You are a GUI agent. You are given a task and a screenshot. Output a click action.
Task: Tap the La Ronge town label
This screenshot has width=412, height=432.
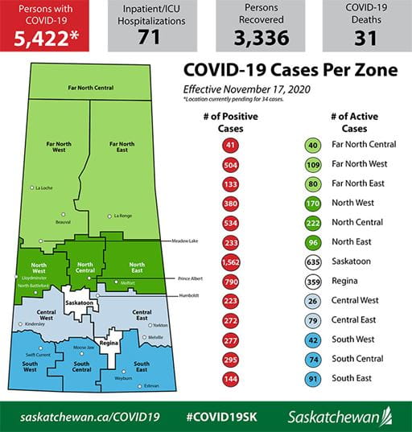(122, 216)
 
